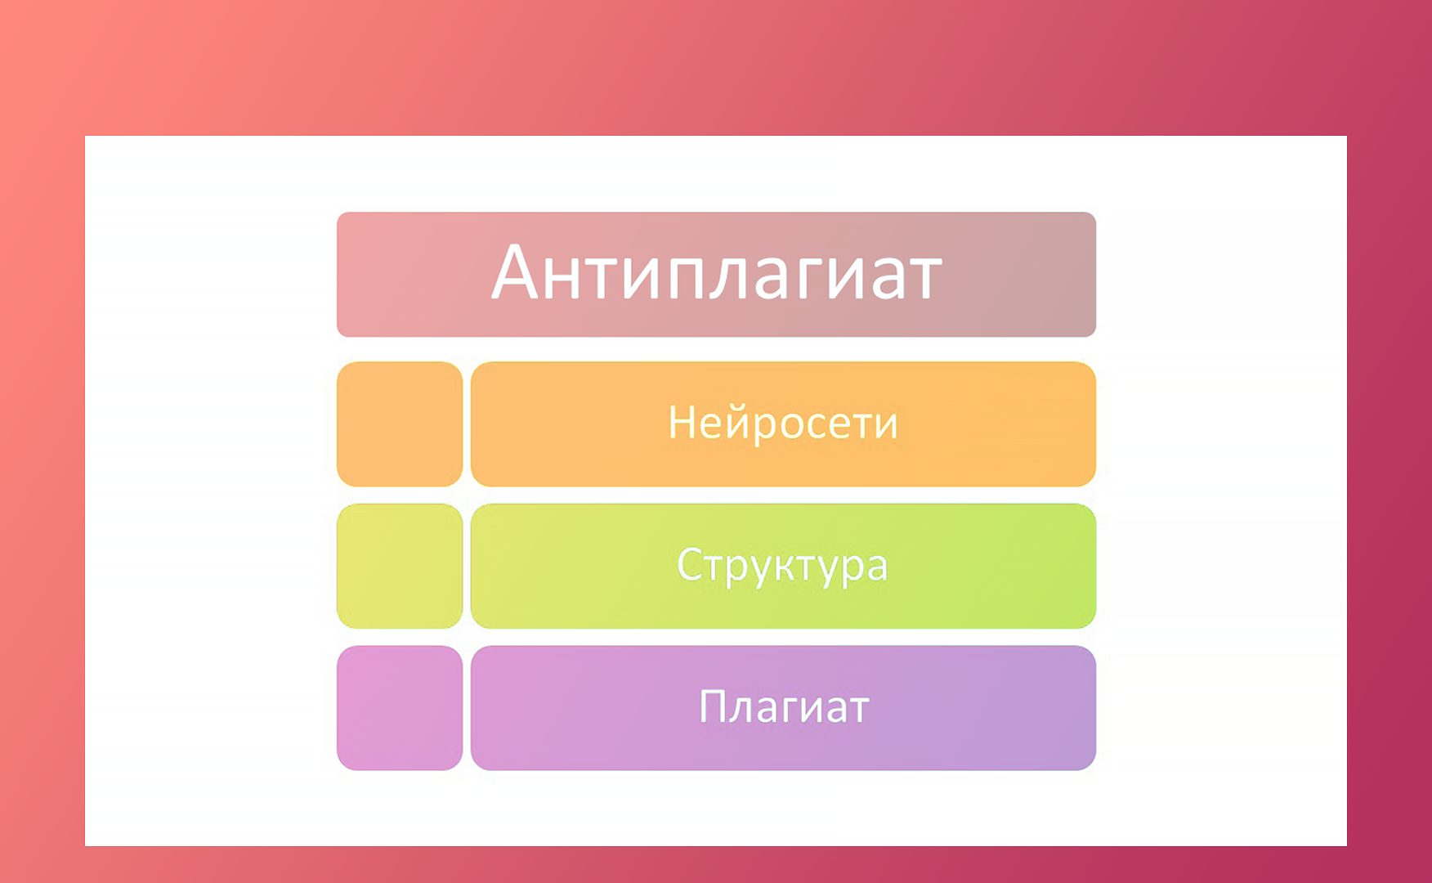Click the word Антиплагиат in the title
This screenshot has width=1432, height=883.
pyautogui.click(x=716, y=274)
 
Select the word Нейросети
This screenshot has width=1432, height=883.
pyautogui.click(x=783, y=424)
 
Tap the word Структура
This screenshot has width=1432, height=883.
pyautogui.click(x=782, y=565)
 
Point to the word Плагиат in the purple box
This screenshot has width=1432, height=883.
pyautogui.click(x=784, y=707)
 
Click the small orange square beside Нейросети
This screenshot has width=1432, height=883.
pyautogui.click(x=400, y=424)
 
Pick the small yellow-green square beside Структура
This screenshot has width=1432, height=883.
pyautogui.click(x=400, y=566)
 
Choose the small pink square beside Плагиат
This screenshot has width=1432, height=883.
pyautogui.click(x=400, y=708)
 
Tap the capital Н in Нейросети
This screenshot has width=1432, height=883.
pyautogui.click(x=682, y=423)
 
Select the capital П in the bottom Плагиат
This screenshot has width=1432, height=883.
pyautogui.click(x=713, y=706)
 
